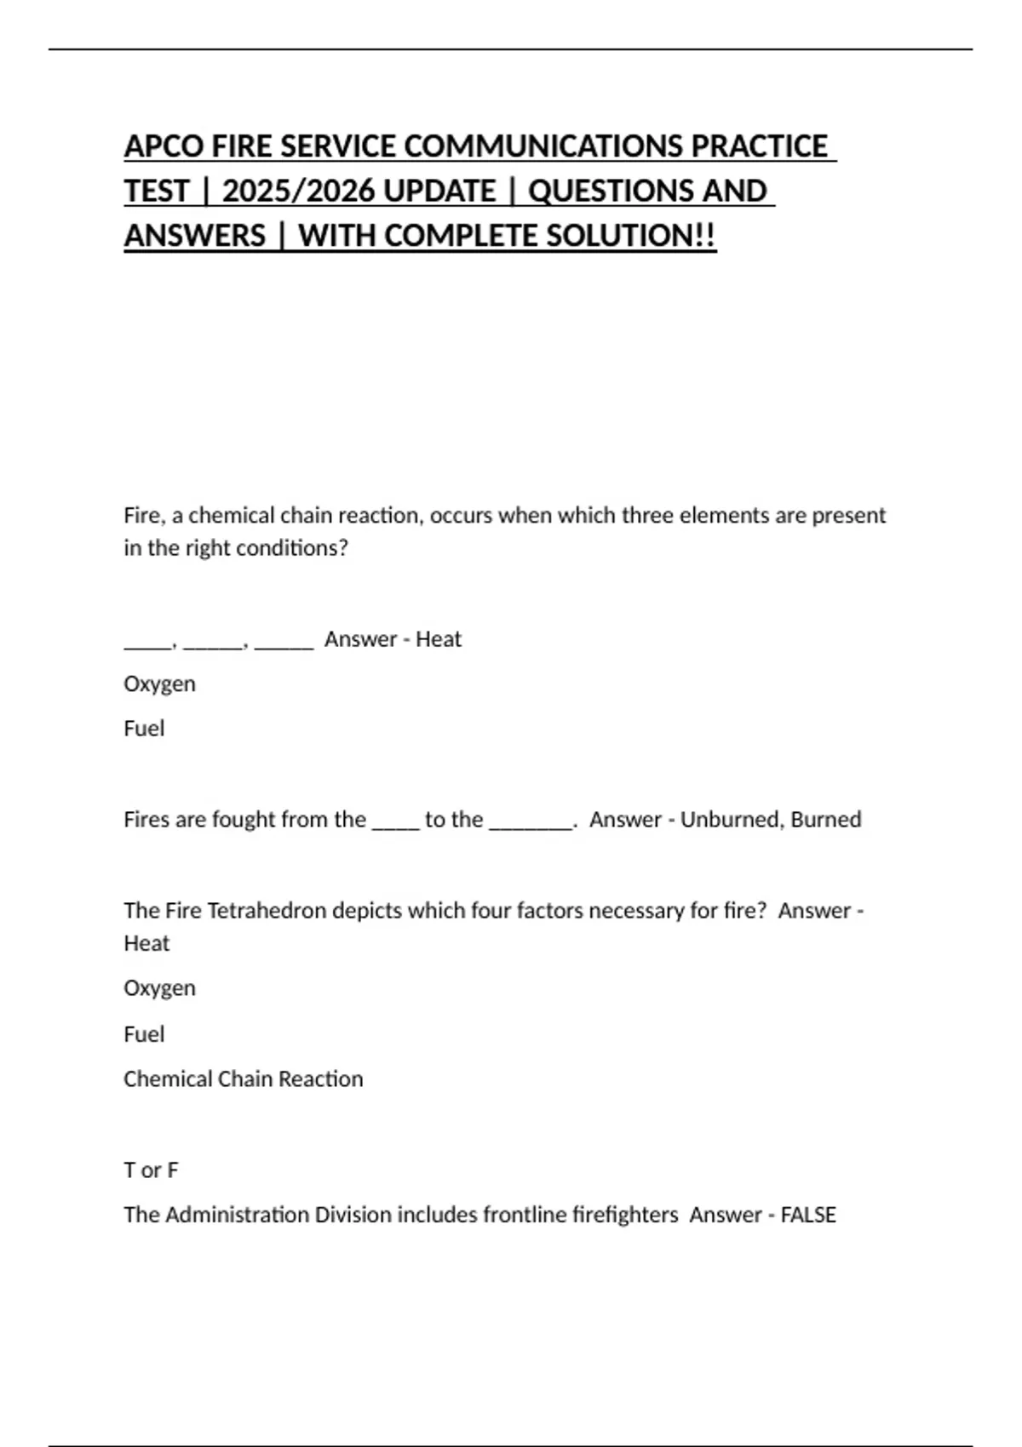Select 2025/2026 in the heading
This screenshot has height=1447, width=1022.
click(359, 191)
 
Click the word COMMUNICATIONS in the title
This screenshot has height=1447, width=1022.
click(542, 146)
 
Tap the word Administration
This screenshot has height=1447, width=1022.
click(236, 1215)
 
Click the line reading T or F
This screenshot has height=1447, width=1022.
click(151, 1170)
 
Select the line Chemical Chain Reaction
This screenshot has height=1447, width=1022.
click(243, 1079)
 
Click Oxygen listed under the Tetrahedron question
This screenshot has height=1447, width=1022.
click(159, 988)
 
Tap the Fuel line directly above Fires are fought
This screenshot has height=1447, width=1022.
click(144, 729)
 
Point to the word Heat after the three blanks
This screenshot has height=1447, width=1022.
click(438, 639)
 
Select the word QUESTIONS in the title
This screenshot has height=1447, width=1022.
click(610, 191)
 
